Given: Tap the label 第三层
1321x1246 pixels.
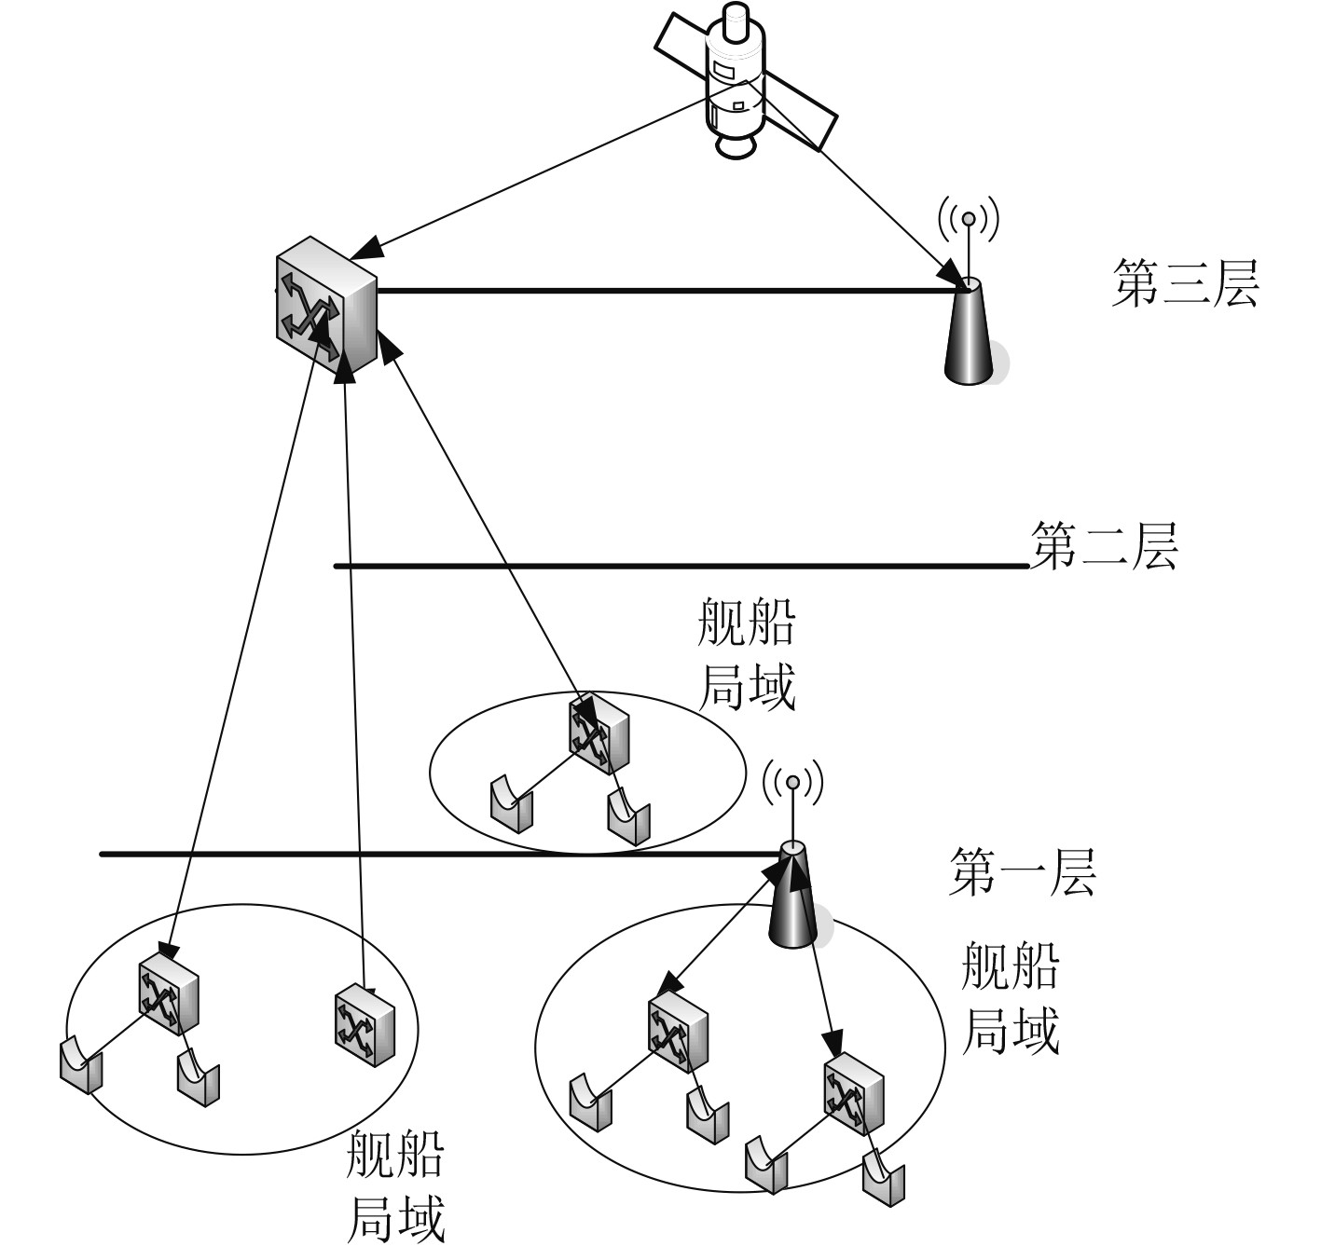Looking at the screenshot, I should [x=1184, y=284].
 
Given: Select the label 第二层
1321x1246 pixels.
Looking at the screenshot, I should [x=1104, y=545].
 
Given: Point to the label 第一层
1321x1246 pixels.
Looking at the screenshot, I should [x=1023, y=872].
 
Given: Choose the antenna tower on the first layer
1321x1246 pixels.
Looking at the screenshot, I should [x=793, y=895].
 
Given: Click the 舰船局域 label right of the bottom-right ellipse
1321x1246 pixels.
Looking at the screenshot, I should [x=1011, y=997].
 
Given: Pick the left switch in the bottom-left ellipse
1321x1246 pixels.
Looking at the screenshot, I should [x=168, y=994].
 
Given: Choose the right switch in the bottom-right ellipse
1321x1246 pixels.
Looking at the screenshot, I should [x=852, y=1090].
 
